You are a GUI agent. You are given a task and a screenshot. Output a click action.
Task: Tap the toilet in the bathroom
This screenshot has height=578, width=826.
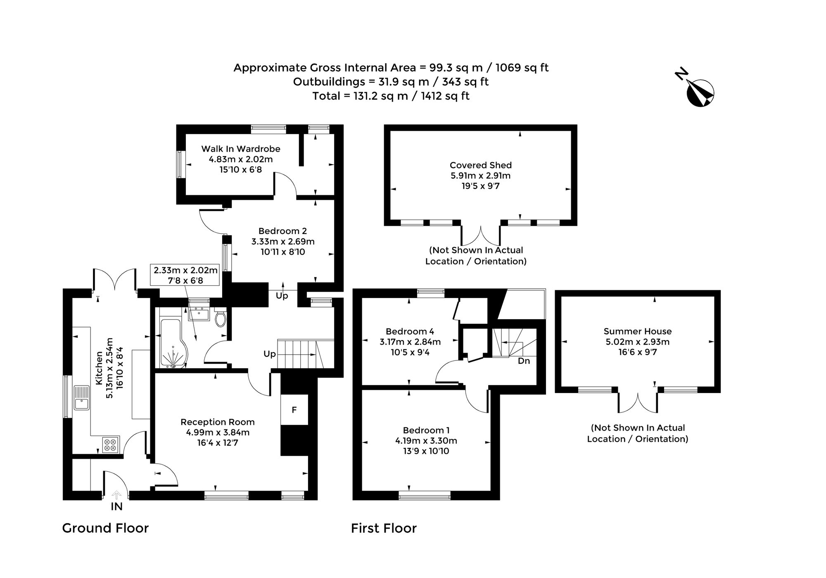point(220,318)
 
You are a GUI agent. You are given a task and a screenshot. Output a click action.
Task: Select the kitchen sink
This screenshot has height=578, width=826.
point(81,398)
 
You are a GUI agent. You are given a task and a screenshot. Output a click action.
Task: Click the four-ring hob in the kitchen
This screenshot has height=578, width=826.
point(110,445)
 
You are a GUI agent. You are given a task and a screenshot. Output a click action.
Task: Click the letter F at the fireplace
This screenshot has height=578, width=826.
point(294,410)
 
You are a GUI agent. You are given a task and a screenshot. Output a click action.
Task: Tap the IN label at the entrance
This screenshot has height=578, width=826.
point(116,507)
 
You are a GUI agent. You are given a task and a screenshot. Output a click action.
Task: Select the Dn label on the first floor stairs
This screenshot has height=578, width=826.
point(524,361)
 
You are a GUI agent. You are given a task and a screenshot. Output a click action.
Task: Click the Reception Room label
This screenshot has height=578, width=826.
point(218,422)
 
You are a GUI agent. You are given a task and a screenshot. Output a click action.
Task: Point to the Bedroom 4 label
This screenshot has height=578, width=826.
point(410,331)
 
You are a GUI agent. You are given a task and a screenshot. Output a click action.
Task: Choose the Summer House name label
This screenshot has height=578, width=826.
point(638,331)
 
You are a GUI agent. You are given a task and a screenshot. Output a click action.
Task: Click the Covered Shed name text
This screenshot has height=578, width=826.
point(481,165)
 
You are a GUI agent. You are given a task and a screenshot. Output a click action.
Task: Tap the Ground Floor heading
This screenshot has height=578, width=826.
point(105,528)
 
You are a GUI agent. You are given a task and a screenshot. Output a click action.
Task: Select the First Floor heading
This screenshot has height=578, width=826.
point(384,528)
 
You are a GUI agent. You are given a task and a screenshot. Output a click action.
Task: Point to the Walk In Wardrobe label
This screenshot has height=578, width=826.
point(241,149)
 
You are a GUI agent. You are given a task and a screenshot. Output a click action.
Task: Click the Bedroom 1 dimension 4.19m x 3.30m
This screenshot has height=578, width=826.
point(426,441)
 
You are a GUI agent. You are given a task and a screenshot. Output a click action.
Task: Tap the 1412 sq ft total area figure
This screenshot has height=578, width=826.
point(445,96)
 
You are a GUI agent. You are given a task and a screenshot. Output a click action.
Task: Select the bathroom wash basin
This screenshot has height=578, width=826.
point(199,313)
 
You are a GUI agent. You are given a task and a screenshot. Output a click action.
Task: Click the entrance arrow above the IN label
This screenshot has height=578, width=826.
point(116,494)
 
